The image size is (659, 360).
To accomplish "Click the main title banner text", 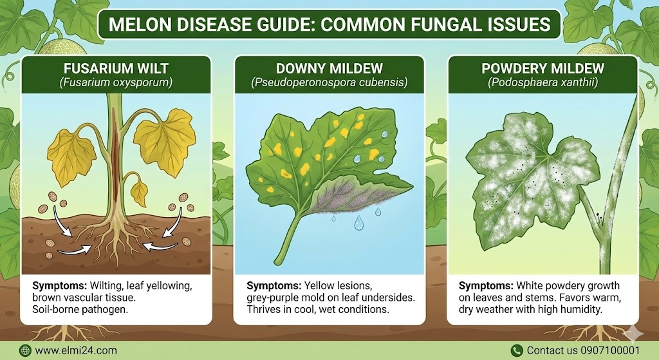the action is [329, 24].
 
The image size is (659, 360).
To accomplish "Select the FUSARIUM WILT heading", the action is [116, 68].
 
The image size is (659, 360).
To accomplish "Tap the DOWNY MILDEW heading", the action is [329, 68].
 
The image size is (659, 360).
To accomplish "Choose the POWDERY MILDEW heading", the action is [543, 68].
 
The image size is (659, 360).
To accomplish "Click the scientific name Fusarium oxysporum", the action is [116, 82].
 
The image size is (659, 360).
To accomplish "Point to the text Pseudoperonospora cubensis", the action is [329, 82].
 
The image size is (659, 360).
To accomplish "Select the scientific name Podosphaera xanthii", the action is [543, 82].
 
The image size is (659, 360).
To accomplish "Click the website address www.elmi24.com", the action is [76, 350].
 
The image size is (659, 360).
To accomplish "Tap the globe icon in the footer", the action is [25, 350].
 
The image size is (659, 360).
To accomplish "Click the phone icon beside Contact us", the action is [517, 350].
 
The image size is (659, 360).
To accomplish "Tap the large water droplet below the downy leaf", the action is [358, 223].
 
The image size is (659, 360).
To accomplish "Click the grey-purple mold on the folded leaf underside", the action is [349, 196].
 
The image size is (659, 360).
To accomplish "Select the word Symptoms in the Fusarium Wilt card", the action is [60, 286].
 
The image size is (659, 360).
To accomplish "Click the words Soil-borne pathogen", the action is [80, 310].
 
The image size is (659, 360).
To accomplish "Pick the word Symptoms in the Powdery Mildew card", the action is [486, 286].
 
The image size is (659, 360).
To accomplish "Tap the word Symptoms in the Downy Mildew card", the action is [274, 286].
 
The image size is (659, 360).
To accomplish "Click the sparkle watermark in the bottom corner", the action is [633, 332].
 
